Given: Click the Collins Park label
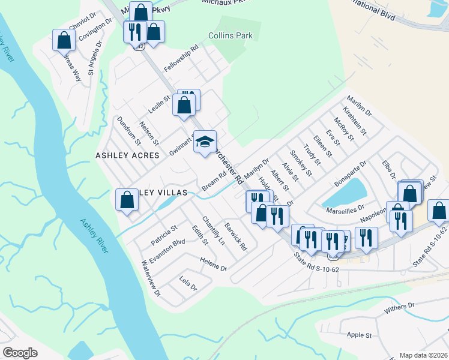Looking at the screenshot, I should pos(231,36).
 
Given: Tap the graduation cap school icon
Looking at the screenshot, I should pos(205,142).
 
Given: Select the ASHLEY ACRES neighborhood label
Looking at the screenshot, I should pos(127,155).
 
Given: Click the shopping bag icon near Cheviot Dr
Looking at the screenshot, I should pos(64,40).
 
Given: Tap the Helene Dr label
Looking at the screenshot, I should pos(214,265).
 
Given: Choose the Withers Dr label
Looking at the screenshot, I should pos(400,307).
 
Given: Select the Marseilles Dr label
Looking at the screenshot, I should pos(345,209).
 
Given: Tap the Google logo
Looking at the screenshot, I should pos(20,353).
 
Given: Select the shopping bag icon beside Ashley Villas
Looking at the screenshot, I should pos(127,199).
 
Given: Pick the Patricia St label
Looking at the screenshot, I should pos(164,235).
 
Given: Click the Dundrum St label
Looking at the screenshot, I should pos(128,131).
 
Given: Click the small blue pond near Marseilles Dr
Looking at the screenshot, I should pos(345,193).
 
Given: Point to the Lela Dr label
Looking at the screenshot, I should pos(188,284).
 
